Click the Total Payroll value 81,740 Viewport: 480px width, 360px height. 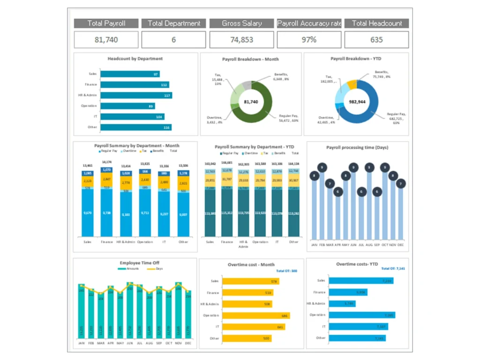(106, 40)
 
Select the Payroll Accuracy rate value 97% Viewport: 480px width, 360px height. (309, 40)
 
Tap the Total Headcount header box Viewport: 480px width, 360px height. (376, 23)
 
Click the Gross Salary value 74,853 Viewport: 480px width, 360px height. (241, 40)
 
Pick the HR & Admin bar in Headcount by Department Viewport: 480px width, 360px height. (136, 96)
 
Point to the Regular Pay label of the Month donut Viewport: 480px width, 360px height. (289, 118)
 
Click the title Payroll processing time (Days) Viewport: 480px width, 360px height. (357, 148)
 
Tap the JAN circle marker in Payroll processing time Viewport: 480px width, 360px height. (315, 176)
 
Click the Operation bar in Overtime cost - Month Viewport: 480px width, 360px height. (255, 315)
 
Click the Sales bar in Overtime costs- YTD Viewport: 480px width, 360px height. (361, 281)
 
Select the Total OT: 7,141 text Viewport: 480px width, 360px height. (393, 269)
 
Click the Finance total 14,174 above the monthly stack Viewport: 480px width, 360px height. (107, 162)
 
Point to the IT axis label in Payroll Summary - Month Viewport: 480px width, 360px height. (164, 242)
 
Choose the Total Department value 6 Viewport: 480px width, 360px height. (173, 40)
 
